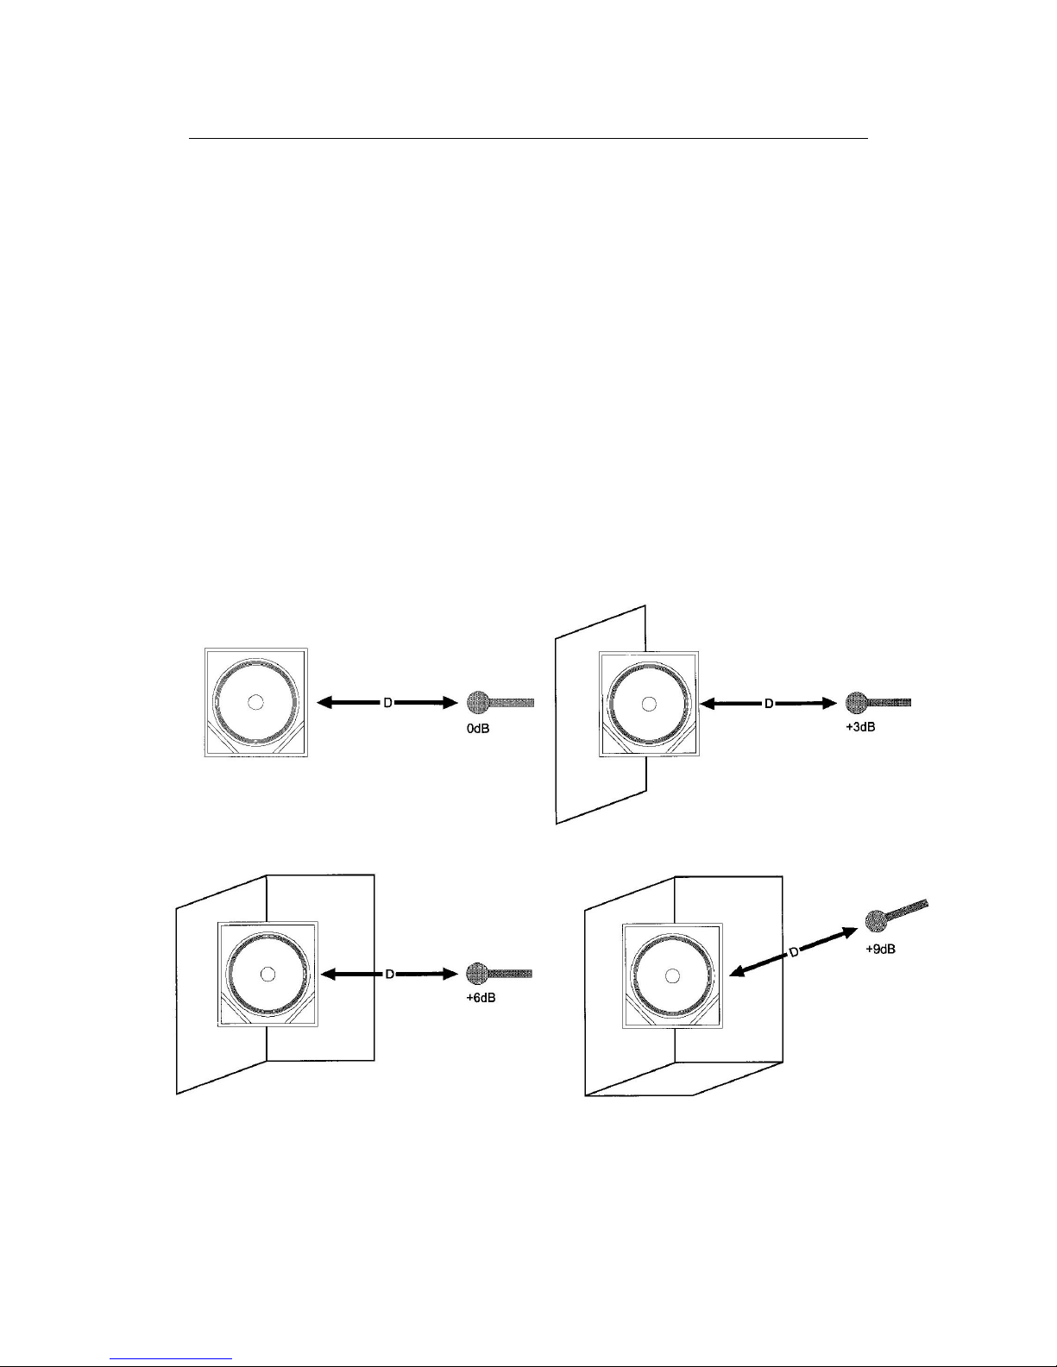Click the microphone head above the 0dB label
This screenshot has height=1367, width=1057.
coord(478,703)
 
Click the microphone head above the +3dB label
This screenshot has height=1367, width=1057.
coord(856,703)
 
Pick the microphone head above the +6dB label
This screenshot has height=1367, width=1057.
coord(477,974)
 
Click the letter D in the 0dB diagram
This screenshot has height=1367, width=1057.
coord(388,704)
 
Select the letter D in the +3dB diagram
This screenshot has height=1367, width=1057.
coord(767,704)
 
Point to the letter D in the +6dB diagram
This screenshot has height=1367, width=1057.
coord(389,975)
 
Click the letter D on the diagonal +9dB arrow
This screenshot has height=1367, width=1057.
coord(794,951)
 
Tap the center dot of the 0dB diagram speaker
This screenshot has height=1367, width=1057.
coord(255,703)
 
